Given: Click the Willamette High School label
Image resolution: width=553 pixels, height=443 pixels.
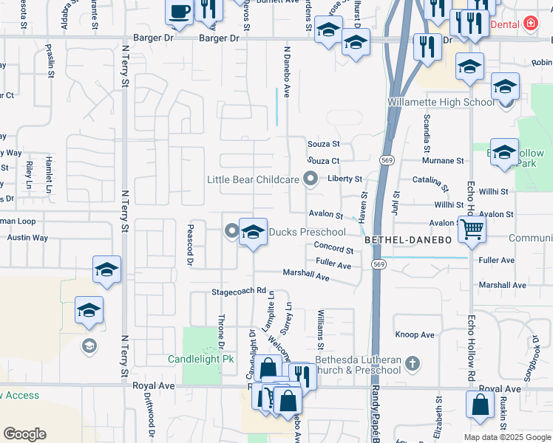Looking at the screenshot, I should click(441, 102).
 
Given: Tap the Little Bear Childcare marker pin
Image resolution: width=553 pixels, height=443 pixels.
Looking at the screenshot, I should click(311, 179).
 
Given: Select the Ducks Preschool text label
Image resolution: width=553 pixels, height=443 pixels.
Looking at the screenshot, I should click(307, 232).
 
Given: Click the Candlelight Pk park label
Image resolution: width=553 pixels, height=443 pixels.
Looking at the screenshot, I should click(201, 359).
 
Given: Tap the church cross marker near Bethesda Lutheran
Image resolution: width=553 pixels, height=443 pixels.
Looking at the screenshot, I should click(413, 363).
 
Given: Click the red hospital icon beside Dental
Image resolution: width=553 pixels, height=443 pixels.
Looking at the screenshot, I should click(530, 24).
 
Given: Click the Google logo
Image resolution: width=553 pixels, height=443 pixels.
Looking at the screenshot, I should click(24, 434).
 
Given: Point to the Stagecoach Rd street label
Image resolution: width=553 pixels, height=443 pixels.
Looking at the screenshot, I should click(239, 291).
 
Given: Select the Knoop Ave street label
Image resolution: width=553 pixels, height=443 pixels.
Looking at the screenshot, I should click(415, 334).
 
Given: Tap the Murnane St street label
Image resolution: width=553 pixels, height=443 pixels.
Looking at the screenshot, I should click(442, 160).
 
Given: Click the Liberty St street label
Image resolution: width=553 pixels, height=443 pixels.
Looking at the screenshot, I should click(345, 179).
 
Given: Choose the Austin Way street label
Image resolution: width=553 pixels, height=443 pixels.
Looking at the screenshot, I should click(27, 238).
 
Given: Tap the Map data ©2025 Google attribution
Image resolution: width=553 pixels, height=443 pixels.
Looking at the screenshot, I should click(506, 437).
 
